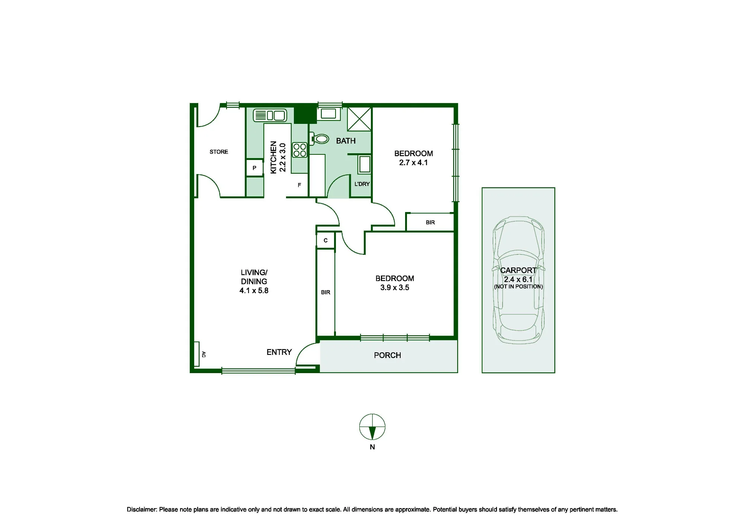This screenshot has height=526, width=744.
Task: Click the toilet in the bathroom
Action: (x=319, y=139)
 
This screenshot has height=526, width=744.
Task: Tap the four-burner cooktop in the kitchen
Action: (x=299, y=150)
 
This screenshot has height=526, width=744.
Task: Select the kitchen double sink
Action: (x=270, y=115)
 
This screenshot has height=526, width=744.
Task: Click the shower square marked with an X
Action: (x=359, y=119)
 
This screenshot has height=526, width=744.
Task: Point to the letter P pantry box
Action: (x=254, y=168)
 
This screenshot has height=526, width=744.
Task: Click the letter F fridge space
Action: (x=299, y=185)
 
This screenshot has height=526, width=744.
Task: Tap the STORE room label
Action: (x=219, y=152)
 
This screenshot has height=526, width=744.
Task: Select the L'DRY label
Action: (x=362, y=184)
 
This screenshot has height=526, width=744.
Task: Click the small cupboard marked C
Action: (x=325, y=240)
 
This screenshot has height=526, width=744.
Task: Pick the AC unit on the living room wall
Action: (x=197, y=354)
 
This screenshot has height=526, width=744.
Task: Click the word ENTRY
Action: (x=279, y=352)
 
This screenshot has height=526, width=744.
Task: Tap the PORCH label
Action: (x=387, y=355)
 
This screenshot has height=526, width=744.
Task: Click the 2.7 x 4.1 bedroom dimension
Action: (x=413, y=163)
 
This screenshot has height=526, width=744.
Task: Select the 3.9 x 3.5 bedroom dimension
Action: (x=395, y=288)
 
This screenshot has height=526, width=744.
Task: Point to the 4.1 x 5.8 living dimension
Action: (x=254, y=291)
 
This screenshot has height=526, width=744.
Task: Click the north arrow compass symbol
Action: (x=372, y=427)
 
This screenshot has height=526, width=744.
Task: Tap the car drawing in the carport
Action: (x=518, y=280)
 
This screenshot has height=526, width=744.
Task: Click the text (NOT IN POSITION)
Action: (x=518, y=286)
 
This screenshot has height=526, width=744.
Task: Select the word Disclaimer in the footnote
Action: (x=142, y=510)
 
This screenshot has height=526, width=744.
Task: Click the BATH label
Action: (x=346, y=141)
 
